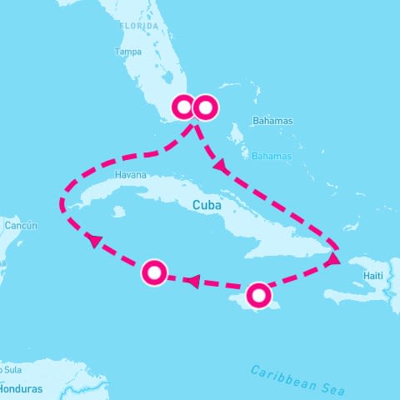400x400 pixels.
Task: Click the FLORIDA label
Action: click(139, 26)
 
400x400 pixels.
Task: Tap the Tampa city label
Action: click(127, 52)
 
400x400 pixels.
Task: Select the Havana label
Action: click(131, 176)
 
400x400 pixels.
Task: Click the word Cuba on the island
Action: click(207, 204)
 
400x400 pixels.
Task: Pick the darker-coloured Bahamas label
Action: click(273, 121)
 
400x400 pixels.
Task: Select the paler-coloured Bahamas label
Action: click(272, 156)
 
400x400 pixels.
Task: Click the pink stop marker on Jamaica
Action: click(259, 295)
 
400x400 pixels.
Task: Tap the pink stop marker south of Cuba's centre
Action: click(155, 272)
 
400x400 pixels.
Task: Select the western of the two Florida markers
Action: click(184, 107)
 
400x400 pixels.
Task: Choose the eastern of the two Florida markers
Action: click(205, 107)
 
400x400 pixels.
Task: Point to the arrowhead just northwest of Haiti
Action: click(332, 260)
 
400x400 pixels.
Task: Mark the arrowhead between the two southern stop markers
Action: click(192, 281)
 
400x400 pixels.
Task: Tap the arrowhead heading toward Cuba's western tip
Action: click(93, 240)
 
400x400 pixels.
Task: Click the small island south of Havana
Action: click(119, 212)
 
